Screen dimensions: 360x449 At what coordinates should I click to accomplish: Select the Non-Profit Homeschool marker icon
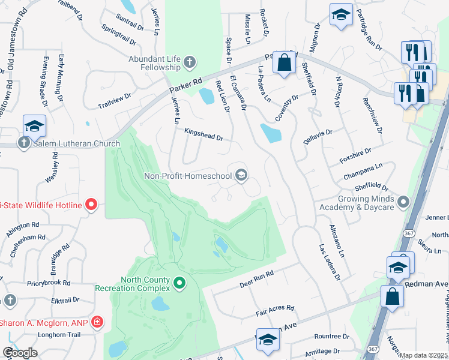click(x=241, y=176)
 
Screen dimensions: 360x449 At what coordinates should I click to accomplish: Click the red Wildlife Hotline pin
click(x=91, y=205)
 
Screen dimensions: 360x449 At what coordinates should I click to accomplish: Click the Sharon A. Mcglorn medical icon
click(x=98, y=323)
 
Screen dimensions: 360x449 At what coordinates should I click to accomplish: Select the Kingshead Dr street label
click(x=203, y=134)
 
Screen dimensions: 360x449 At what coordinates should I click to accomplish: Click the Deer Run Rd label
click(x=256, y=277)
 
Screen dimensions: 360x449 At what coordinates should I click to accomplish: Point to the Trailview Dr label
click(x=115, y=101)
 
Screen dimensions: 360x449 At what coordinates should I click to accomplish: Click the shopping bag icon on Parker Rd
click(x=285, y=62)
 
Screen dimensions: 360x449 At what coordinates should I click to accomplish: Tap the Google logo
click(x=20, y=353)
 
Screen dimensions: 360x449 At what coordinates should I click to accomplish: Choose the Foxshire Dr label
click(x=355, y=156)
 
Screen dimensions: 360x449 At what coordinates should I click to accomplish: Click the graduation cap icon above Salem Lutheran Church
click(x=34, y=126)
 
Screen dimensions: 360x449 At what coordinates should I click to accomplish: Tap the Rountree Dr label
click(x=327, y=336)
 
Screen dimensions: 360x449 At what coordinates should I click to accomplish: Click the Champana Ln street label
click(x=363, y=171)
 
